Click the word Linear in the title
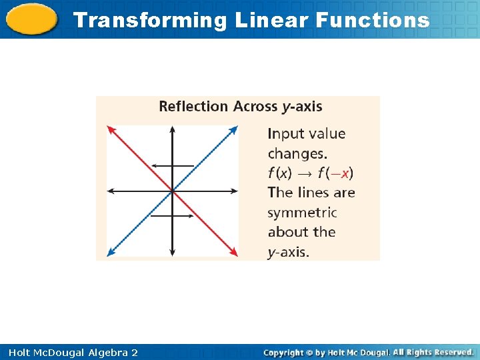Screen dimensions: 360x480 [x=272, y=21]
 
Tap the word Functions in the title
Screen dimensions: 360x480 [x=373, y=21]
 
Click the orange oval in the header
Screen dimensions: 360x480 [x=31, y=19]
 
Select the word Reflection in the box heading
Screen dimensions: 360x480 [x=193, y=107]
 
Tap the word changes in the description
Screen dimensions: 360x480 [x=297, y=154]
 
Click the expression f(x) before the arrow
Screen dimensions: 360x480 [x=280, y=173]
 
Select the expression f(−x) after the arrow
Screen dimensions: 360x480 [x=335, y=173]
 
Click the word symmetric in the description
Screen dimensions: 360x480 [x=302, y=213]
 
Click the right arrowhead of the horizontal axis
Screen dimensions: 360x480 [x=235, y=191]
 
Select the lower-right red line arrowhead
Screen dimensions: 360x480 [x=235, y=254]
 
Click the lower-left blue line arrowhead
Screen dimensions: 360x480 [x=109, y=254]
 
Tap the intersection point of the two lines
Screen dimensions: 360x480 [x=172, y=191]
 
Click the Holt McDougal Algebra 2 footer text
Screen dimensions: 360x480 [x=69, y=352]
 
